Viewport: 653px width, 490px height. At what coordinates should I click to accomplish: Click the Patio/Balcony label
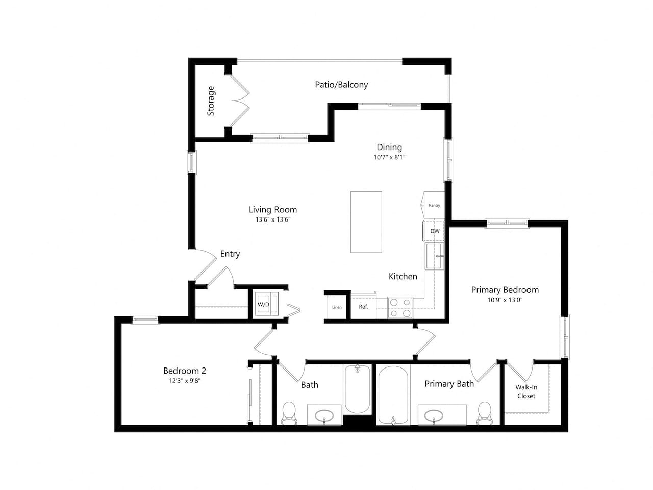coord(341,85)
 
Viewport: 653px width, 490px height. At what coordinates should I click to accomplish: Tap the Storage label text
coord(211,101)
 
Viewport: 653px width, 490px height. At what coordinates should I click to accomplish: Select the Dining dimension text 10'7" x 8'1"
coord(389,157)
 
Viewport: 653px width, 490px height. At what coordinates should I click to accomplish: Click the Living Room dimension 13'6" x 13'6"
coord(273,219)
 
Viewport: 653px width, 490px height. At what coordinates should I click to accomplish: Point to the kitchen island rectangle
coord(366,222)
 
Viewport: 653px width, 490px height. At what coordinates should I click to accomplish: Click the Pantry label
coord(434,205)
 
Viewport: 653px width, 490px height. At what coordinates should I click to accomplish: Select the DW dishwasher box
coord(435,231)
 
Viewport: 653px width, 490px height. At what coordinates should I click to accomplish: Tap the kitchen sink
coord(435,256)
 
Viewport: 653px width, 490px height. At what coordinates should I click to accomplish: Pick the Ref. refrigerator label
coord(363,307)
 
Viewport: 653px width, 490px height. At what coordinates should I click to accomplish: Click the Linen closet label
coord(337,307)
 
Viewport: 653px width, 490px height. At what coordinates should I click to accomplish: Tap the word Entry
coord(230,254)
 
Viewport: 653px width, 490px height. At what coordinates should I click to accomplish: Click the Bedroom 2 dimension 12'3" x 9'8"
coord(184,381)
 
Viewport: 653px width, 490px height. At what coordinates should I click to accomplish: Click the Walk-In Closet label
coord(526,391)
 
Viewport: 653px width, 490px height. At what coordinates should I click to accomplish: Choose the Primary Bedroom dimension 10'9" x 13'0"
coord(505,300)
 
